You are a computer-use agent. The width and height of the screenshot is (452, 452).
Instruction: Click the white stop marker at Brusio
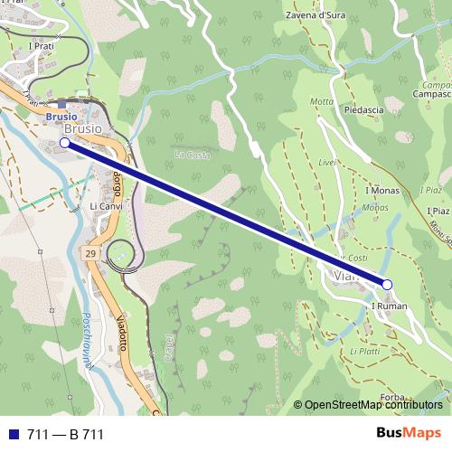64,143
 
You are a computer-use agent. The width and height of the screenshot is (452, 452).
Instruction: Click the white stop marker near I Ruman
387,285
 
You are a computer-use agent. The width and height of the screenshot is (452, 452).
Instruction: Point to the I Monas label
381,192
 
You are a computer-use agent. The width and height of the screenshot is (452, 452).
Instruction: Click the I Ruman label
390,306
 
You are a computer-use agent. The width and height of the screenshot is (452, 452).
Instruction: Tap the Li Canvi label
106,207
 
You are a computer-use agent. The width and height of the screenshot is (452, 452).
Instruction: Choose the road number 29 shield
90,249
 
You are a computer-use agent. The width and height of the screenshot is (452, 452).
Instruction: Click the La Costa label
192,155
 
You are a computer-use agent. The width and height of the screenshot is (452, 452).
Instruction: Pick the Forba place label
392,397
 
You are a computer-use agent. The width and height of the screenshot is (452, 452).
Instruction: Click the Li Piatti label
364,351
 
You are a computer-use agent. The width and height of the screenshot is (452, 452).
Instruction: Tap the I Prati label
42,45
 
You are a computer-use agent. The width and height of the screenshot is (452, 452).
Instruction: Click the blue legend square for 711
13,435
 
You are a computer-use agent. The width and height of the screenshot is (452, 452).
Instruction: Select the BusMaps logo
409,434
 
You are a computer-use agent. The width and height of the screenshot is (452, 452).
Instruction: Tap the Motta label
322,101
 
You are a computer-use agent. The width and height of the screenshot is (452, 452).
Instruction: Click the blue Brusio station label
61,117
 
